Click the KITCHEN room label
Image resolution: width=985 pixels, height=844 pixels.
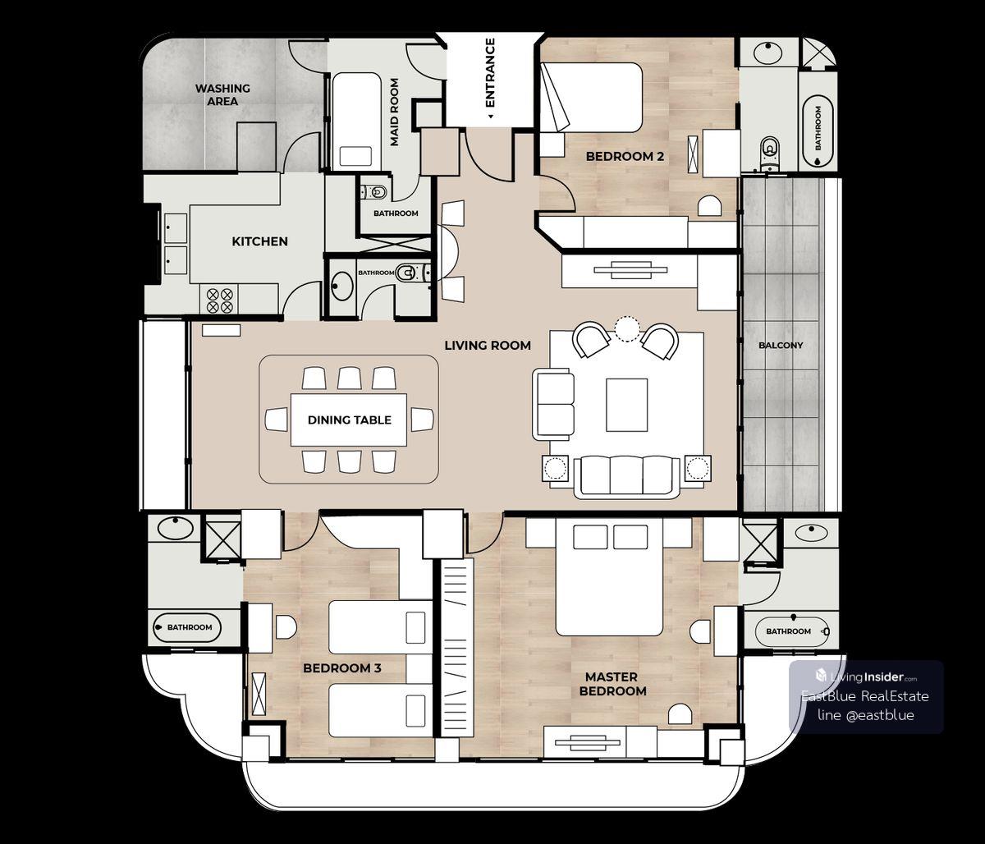[x=259, y=241]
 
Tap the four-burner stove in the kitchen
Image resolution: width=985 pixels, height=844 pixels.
[x=220, y=300]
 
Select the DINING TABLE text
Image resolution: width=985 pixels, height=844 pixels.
[x=350, y=420]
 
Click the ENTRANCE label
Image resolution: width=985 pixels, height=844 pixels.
[x=490, y=72]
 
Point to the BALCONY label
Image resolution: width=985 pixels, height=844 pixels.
[x=781, y=345]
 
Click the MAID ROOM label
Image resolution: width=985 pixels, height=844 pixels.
[x=394, y=112]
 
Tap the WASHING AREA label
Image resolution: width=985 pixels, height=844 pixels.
[x=222, y=95]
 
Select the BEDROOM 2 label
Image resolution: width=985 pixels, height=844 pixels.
[x=625, y=156]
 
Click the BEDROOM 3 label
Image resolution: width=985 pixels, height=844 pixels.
[x=342, y=668]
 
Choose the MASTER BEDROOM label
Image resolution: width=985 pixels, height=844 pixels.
[x=613, y=684]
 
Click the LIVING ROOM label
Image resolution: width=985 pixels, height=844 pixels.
[x=488, y=346]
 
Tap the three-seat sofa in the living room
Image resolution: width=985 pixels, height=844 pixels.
[x=627, y=477]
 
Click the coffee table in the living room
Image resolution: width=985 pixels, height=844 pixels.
[x=626, y=405]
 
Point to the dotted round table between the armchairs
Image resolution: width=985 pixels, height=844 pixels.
[x=626, y=329]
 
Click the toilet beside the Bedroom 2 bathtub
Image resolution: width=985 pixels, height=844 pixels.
[x=769, y=152]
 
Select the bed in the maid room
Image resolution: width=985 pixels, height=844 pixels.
[x=356, y=121]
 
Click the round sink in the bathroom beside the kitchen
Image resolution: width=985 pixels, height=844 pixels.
[x=341, y=286]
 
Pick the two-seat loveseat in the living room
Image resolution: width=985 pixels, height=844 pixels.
[x=554, y=404]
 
